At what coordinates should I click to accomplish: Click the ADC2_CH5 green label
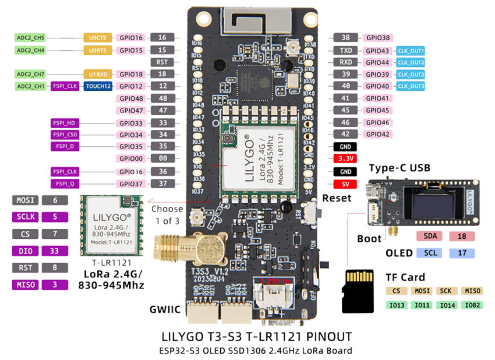(x=30, y=38)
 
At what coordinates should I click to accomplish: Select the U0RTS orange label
(x=97, y=50)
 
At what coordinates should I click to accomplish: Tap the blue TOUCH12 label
(x=97, y=86)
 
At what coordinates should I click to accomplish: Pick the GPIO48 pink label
(x=131, y=98)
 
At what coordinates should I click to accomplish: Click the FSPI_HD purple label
(x=65, y=123)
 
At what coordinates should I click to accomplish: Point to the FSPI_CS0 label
(x=65, y=135)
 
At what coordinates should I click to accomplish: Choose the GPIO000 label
(x=131, y=158)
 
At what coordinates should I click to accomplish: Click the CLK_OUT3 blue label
(x=411, y=86)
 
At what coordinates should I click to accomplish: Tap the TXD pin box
(x=346, y=50)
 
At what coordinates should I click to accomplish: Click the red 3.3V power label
(x=346, y=158)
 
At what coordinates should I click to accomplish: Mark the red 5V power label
(x=346, y=184)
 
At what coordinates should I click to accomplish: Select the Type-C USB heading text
(x=399, y=168)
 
